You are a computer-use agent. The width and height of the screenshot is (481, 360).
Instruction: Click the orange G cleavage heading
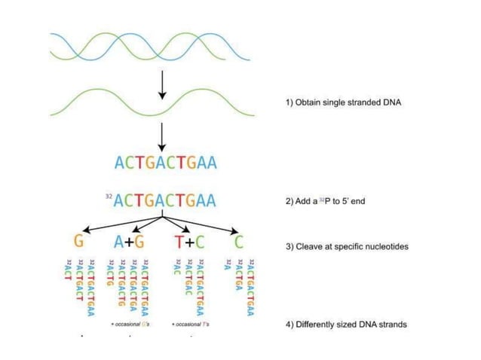coord(78,242)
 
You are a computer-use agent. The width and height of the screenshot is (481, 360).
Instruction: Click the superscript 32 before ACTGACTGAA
coord(109,196)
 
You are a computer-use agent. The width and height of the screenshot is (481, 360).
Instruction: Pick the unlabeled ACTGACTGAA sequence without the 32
coord(165,162)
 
